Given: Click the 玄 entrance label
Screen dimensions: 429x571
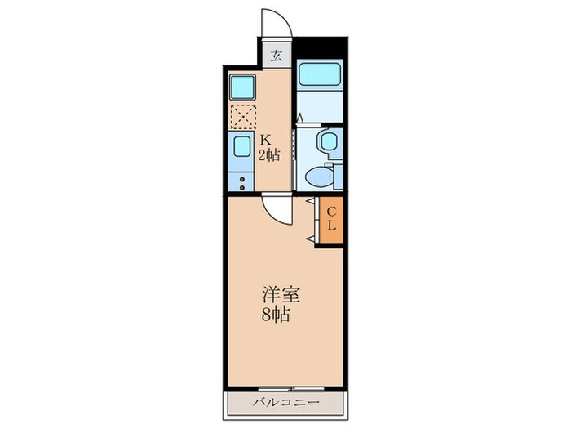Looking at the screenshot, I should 277,56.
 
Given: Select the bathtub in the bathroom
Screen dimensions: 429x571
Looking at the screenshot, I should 319,75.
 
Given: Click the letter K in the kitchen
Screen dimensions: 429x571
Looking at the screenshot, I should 266,140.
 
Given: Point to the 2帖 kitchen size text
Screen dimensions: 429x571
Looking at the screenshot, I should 269,154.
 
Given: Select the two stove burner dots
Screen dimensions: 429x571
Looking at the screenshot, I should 241,181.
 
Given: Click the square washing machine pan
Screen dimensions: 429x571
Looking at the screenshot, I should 242,86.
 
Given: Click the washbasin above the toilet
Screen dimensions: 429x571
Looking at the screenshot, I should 328,141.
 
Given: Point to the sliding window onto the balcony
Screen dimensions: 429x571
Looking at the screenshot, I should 285,387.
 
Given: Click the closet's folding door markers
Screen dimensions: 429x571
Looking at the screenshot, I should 311,219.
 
